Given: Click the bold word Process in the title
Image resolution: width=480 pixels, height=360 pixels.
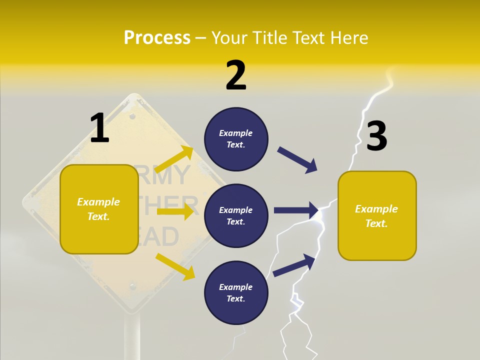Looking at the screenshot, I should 157,37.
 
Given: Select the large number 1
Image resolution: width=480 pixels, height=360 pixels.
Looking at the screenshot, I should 99,128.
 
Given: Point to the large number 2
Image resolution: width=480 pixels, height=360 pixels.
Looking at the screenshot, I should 236,75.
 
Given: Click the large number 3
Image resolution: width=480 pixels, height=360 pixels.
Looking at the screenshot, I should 376,136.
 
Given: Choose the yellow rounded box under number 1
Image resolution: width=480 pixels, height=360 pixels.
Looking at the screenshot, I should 99,209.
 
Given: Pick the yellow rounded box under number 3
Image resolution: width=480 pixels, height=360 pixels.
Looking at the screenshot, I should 377,216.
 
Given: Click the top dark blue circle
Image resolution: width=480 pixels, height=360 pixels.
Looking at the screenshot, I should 236,139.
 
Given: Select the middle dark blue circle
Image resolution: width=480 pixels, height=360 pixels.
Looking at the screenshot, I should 236,216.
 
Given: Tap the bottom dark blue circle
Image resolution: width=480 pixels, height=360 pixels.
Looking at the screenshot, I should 236,293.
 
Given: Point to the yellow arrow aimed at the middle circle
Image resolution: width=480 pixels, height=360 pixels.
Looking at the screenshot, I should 175,211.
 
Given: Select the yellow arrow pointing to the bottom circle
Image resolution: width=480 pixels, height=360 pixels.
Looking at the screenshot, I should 175,266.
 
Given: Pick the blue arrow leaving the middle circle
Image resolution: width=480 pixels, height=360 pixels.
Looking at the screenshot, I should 296,210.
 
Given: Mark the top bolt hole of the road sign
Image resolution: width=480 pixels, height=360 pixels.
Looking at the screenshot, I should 132,116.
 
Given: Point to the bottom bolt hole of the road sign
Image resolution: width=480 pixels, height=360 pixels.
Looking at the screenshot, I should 132,286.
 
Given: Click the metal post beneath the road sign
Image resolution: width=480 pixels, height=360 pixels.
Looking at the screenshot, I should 132,337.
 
